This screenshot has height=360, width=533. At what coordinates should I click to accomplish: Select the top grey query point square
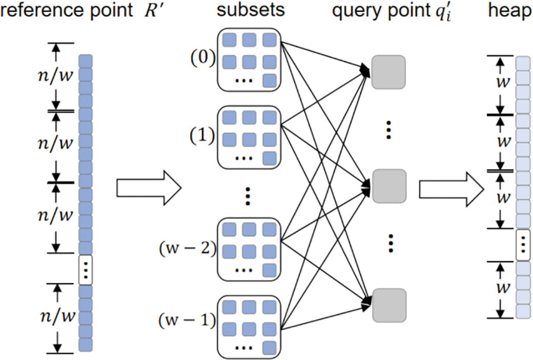tap(389, 72)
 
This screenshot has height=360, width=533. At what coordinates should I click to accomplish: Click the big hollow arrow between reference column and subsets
tap(149, 188)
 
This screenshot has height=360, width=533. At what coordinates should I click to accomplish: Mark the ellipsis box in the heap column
tap(522, 244)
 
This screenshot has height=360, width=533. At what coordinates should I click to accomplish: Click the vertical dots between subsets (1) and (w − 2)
tap(248, 196)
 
